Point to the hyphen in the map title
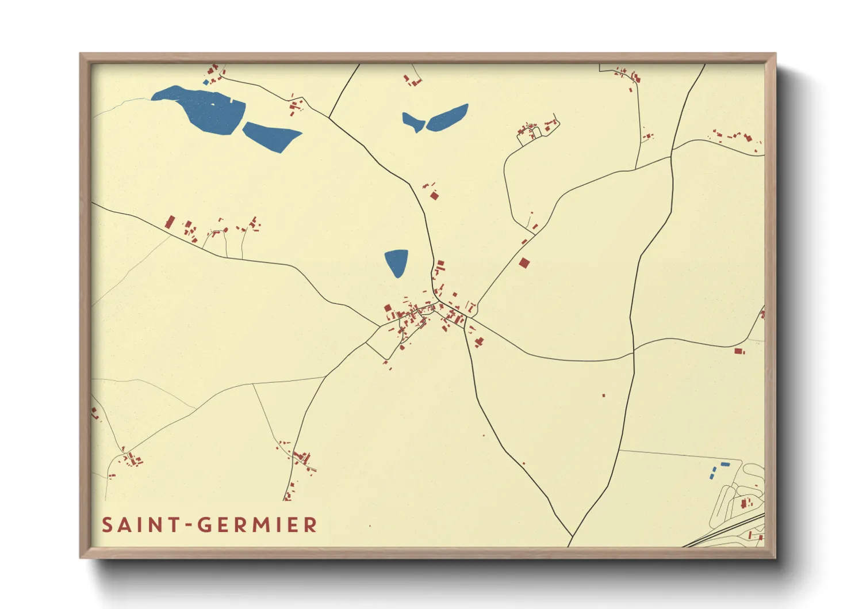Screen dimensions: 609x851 pyautogui.click(x=188, y=526)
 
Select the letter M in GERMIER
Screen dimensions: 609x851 pyautogui.click(x=262, y=525)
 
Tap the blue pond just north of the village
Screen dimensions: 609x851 pyautogui.click(x=396, y=262)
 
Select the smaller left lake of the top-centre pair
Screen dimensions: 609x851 pyautogui.click(x=412, y=121)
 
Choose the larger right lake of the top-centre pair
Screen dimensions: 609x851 pyautogui.click(x=447, y=117)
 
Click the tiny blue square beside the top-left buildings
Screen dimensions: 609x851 pyautogui.click(x=206, y=82)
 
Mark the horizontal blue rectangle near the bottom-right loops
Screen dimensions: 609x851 pyautogui.click(x=725, y=464)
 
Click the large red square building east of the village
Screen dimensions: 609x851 pyautogui.click(x=524, y=263)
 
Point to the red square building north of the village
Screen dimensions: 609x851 pyautogui.click(x=435, y=196)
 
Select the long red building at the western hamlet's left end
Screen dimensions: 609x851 pyautogui.click(x=170, y=222)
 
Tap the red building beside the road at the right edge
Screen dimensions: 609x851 pyautogui.click(x=739, y=351)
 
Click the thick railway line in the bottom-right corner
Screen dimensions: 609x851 pyautogui.click(x=730, y=532)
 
